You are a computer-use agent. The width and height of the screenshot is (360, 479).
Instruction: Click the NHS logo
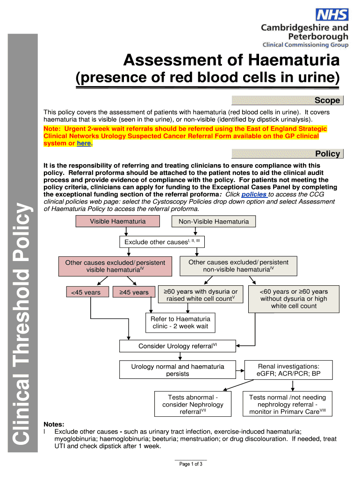(x=332, y=15)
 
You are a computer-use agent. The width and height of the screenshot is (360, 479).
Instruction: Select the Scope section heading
(x=327, y=101)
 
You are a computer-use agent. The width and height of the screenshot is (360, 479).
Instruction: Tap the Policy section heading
(x=327, y=154)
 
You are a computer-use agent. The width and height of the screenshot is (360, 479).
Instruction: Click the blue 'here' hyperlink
(x=84, y=144)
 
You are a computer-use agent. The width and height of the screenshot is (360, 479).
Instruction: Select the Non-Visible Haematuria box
(x=214, y=222)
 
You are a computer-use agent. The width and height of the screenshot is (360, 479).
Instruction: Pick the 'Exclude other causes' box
(x=162, y=242)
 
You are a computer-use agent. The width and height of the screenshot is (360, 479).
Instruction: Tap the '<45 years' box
(x=86, y=292)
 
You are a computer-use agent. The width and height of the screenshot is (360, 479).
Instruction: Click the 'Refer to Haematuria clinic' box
(x=180, y=322)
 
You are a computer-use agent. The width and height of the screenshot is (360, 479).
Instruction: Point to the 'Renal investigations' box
(x=288, y=370)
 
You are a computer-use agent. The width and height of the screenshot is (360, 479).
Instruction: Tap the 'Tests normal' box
(x=288, y=404)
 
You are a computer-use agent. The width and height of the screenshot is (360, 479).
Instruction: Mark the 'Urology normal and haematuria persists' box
(x=177, y=370)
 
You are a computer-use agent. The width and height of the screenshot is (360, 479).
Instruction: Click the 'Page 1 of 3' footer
(x=191, y=464)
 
